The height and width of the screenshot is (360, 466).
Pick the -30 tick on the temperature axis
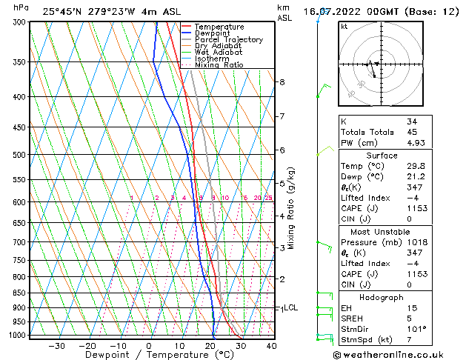tap(56, 346)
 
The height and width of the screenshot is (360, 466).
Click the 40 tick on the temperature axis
tap(271, 346)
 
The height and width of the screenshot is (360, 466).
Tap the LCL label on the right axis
tap(291, 307)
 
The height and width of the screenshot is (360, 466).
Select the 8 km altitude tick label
tap(282, 81)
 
